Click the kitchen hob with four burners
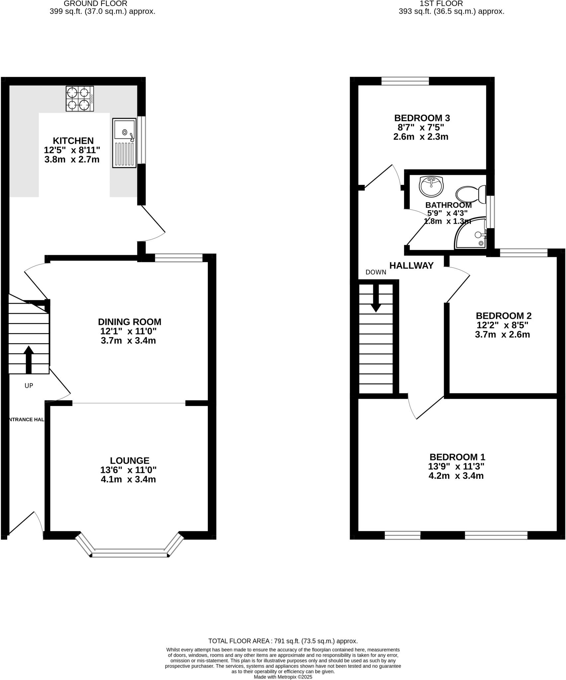tap(80, 99)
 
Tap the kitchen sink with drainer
tap(124, 143)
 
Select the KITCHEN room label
tap(73, 141)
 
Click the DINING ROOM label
tap(129, 322)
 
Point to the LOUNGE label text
tap(129, 461)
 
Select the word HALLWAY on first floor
tap(411, 266)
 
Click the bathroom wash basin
tap(431, 186)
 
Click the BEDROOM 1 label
tap(457, 457)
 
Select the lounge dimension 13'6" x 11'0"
tap(128, 470)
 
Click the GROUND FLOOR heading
tap(95, 4)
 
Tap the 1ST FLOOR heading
tap(441, 4)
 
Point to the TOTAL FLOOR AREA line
tap(283, 641)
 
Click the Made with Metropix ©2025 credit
tap(283, 677)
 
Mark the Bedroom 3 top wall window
tap(405, 81)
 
